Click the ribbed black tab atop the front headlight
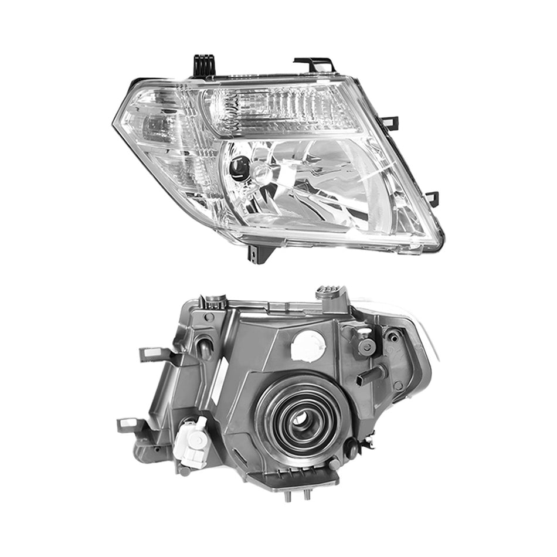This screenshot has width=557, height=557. (x=204, y=65)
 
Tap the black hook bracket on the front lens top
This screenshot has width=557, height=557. (x=317, y=63)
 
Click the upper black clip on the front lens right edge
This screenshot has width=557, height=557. (x=389, y=123)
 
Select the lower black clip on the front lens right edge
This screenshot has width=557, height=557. (x=432, y=198)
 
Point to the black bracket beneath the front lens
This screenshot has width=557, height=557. (x=257, y=253)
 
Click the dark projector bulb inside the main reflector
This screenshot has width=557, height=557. (x=239, y=168)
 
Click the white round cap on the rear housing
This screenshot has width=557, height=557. (x=308, y=345)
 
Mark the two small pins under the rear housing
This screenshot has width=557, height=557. (x=297, y=494)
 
